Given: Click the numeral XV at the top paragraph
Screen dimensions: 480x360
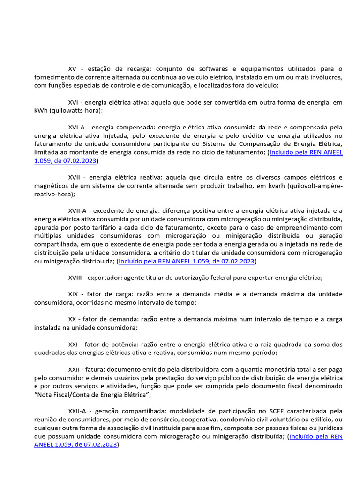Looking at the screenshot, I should tap(73, 69).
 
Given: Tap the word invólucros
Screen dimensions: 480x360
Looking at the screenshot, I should tap(326, 77).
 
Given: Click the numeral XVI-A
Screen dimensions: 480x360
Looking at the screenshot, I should tap(77, 127).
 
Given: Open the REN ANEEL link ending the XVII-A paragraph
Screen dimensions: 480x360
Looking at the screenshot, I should tap(187, 261).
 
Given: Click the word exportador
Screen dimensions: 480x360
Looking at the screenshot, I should tap(103, 277).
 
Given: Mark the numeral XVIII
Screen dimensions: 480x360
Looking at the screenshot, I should tap(75, 277).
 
